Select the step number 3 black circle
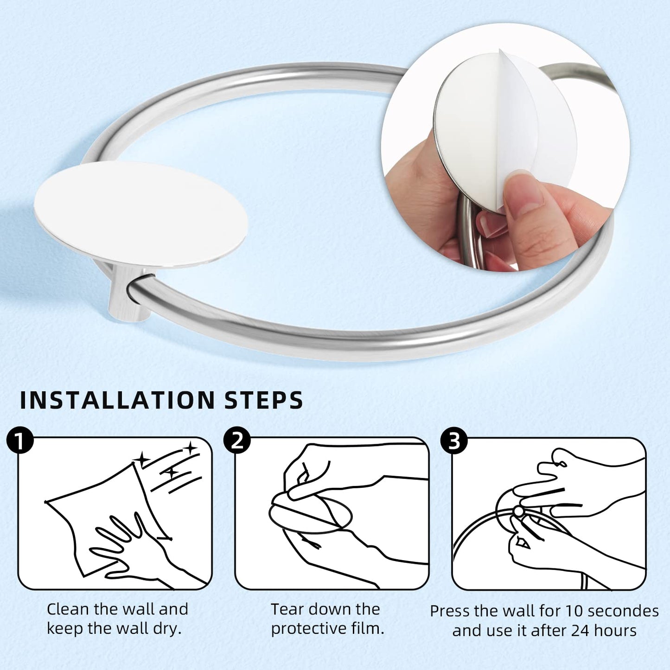pos(454,441)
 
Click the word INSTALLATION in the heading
pos(115,401)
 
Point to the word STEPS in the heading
pos(264,401)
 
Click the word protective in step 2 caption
pos(306,629)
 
